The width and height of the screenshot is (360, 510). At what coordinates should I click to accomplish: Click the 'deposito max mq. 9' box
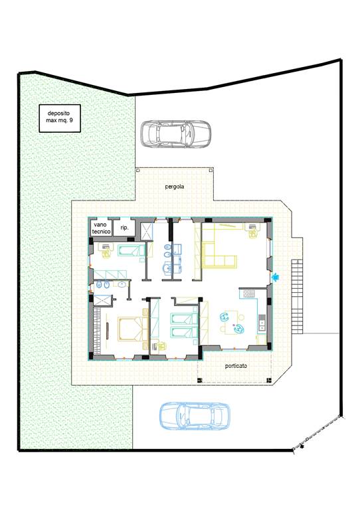[60, 118]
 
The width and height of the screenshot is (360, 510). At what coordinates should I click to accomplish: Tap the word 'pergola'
[175, 187]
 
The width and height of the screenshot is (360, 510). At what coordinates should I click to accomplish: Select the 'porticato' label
[236, 366]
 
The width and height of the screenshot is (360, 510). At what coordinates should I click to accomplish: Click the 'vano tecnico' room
[101, 228]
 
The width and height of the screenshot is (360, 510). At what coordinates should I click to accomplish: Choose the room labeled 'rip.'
[124, 228]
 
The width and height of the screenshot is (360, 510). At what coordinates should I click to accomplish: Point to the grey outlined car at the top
[175, 134]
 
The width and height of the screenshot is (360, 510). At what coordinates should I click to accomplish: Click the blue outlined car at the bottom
[195, 416]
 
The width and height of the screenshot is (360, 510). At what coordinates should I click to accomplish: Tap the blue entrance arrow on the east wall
[276, 277]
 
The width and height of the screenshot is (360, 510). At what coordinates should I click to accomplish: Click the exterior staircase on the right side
[298, 296]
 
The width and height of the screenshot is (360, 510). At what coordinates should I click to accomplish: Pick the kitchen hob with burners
[249, 294]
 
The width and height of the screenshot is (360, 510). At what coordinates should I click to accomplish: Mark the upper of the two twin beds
[184, 319]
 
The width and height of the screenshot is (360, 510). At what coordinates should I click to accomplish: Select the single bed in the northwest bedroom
[132, 250]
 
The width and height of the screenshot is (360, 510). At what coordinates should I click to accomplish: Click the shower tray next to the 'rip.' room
[147, 231]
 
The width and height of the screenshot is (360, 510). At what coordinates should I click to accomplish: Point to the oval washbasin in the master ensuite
[122, 285]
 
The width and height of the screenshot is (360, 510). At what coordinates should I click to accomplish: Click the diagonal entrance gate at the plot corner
[317, 432]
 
